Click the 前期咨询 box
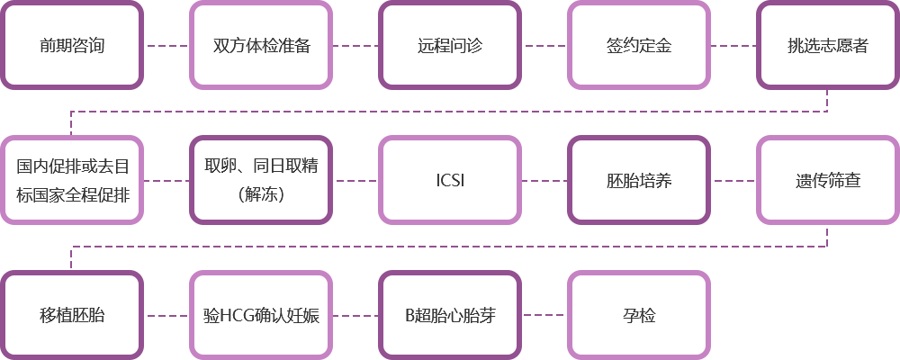[x=72, y=45]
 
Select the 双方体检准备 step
[x=261, y=45]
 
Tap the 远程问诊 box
[x=450, y=45]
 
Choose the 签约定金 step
[x=639, y=45]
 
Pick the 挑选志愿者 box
[x=828, y=45]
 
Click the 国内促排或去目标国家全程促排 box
[x=72, y=180]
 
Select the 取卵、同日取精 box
[x=261, y=180]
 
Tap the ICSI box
[x=450, y=180]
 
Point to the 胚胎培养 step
[x=639, y=180]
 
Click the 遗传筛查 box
[x=828, y=180]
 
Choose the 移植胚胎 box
[x=72, y=315]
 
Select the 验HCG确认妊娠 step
[x=261, y=315]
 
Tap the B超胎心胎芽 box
[x=450, y=315]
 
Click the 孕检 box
[x=639, y=315]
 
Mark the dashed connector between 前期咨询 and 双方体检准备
[x=166, y=45]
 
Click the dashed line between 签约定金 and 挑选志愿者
[x=733, y=45]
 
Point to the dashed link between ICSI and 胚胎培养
[x=544, y=180]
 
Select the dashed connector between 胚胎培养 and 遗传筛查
[x=733, y=180]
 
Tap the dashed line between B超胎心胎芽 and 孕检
[x=544, y=315]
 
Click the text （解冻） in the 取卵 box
[x=261, y=195]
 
